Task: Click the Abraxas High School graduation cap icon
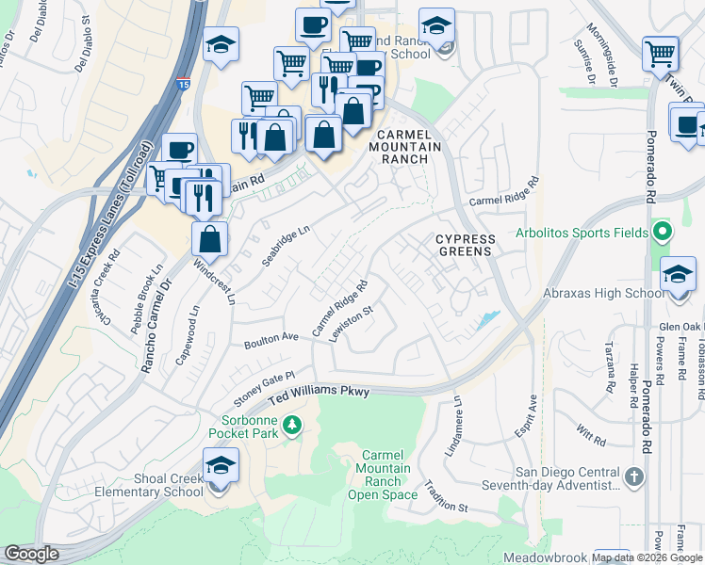point(678,274)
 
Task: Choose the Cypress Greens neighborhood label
point(465,246)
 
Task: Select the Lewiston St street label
point(353,324)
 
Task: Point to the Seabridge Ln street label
point(286,245)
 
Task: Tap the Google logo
point(31,554)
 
